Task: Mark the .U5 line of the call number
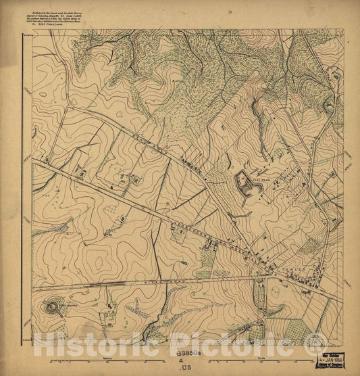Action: click(x=184, y=369)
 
